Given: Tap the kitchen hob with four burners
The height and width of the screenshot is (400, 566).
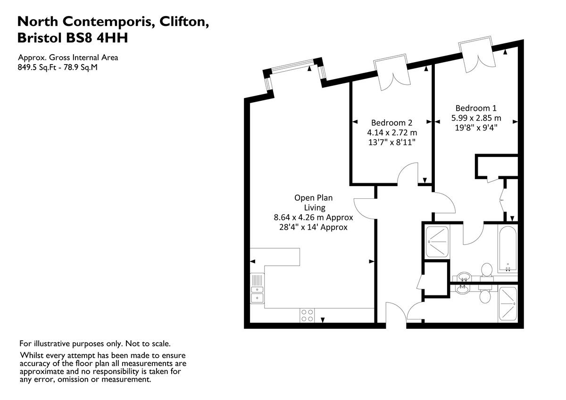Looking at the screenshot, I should [x=307, y=315].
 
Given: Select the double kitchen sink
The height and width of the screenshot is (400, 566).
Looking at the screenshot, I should [x=257, y=289].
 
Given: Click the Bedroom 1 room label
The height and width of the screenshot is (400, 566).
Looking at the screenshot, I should [x=475, y=107].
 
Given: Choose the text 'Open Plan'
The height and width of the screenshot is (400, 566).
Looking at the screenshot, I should [x=314, y=198].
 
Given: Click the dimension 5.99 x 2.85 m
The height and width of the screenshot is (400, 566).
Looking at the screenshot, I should [x=476, y=117].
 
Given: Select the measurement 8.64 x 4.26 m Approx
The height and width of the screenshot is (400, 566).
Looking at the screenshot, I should [x=314, y=218].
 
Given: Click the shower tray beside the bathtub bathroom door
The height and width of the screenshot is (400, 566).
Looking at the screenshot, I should [x=437, y=242].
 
